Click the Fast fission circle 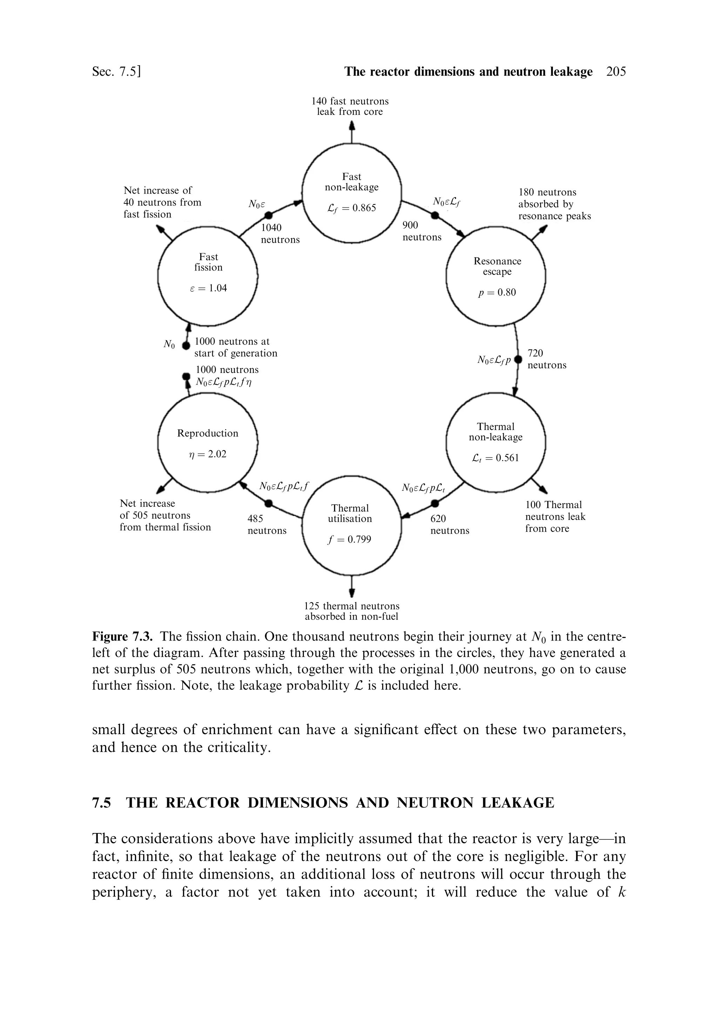click(208, 276)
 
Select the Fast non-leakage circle click(352, 193)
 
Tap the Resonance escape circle click(496, 276)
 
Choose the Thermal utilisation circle click(352, 525)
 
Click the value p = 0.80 click(497, 293)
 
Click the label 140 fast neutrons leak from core click(350, 106)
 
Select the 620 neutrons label click(449, 525)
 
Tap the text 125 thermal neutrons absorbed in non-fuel click(352, 611)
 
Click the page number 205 click(616, 72)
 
